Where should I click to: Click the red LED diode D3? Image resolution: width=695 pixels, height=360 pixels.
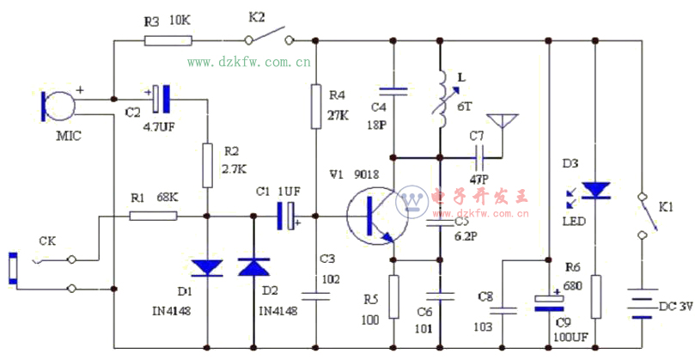[594, 189]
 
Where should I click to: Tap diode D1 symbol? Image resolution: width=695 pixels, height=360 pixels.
[206, 268]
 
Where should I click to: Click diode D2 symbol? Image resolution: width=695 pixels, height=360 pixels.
[253, 268]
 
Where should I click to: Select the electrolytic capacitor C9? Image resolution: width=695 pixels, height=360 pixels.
[547, 300]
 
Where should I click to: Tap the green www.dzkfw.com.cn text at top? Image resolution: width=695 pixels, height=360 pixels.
[249, 62]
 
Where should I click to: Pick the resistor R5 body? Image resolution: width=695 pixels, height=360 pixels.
[393, 297]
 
